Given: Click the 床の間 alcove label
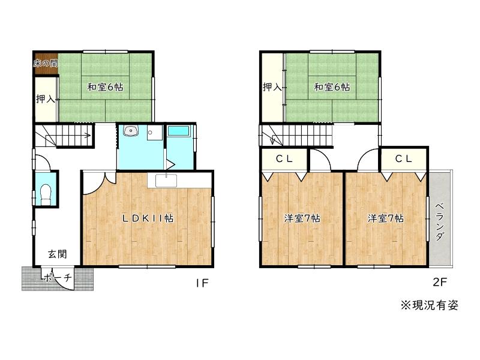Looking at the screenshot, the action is coord(46,64).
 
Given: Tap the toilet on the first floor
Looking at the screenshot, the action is coord(46,194).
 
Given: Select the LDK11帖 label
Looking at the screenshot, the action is coord(148,218).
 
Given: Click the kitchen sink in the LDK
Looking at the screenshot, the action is coord(166,181).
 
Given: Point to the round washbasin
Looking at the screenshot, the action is coord(131,131).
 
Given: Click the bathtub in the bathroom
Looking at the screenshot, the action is coord(179,131).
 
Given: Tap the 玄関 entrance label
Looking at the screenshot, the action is coord(57,254).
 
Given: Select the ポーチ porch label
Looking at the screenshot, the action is coord(58,278).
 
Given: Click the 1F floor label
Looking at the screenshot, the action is coord(202,283).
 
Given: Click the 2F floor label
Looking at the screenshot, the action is coord(440,282).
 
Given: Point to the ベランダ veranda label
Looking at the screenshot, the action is coord(440,221).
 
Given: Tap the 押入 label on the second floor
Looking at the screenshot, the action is coord(272,87).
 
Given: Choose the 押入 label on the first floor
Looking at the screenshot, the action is coord(46,99).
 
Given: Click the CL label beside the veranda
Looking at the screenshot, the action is coord(403,158).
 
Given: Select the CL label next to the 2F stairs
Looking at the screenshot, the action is coord(284,158).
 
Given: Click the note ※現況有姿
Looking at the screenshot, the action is coord(430,305).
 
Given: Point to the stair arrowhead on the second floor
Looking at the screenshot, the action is coord(272,141).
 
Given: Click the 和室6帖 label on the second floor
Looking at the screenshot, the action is coord(332,87).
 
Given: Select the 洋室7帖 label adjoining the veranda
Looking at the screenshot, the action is coord(385,218).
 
